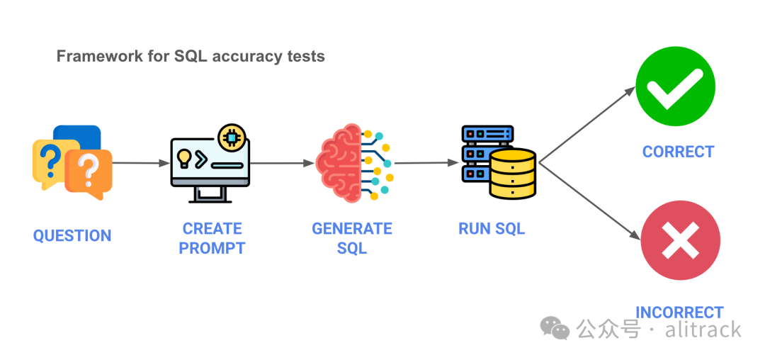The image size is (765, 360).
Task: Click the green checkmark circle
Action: (675, 87)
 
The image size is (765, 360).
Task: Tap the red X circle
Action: (680, 240)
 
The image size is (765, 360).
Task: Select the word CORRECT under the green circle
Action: (678, 152)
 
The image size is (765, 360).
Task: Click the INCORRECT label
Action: (679, 313)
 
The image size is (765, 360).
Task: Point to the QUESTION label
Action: (72, 236)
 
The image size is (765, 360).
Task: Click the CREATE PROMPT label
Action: (212, 238)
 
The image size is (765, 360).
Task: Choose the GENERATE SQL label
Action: (352, 238)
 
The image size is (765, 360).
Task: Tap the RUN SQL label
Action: (492, 229)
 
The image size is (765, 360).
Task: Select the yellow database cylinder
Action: (513, 173)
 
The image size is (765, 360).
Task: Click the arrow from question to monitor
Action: (140, 163)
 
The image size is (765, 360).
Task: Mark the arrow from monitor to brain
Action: (282, 163)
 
